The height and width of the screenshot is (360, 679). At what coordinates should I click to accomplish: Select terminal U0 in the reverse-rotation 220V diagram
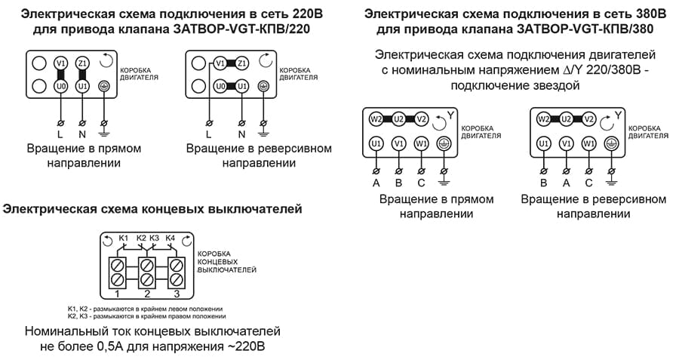[x=220, y=87]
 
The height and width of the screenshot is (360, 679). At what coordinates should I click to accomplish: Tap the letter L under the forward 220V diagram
[x=60, y=134]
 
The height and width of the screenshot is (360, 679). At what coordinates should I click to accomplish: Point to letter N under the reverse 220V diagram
[x=242, y=134]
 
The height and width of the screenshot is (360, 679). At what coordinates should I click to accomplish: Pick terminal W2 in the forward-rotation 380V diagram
[x=376, y=118]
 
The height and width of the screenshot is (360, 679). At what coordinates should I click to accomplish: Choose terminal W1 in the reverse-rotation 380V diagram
[x=589, y=143]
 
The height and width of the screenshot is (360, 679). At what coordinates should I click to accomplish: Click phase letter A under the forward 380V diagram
[x=375, y=182]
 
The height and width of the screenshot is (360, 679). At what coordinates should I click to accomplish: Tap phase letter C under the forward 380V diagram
[x=420, y=182]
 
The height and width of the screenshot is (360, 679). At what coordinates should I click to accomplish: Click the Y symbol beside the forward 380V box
[x=450, y=115]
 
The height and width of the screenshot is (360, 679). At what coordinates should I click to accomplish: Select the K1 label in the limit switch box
[x=124, y=238]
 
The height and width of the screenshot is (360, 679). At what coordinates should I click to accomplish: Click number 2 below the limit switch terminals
[x=147, y=293]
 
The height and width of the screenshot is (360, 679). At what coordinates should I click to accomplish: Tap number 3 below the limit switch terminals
[x=177, y=293]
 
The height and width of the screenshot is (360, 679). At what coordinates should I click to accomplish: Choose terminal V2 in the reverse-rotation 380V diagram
[x=589, y=118]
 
